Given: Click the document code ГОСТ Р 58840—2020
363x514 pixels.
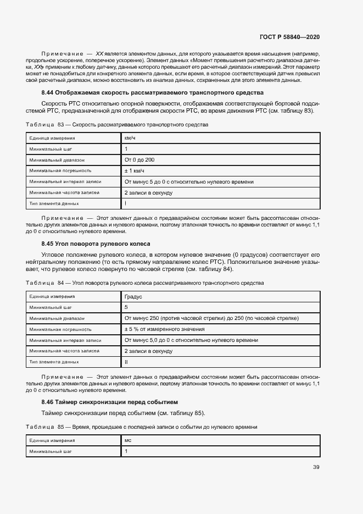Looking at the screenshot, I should (289, 37).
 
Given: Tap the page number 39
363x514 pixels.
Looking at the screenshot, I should (316, 467).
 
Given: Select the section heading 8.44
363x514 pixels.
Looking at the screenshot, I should (152, 92).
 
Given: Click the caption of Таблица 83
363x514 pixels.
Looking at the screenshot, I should (117, 125).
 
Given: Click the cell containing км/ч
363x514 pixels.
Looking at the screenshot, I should (130, 138).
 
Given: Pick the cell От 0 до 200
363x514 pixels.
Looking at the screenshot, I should (139, 159).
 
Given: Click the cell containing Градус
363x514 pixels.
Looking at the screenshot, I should (133, 296).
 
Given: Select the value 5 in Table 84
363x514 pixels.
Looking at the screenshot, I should (126, 307).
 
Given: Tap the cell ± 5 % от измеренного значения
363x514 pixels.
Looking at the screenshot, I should (165, 329).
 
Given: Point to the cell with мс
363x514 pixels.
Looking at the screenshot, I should (128, 440).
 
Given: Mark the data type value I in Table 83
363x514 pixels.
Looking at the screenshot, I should (126, 203).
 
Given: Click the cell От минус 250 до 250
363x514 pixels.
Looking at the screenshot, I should (211, 318).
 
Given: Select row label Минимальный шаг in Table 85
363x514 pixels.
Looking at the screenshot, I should (51, 451).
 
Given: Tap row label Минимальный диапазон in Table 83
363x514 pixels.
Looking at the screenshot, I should (57, 160).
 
